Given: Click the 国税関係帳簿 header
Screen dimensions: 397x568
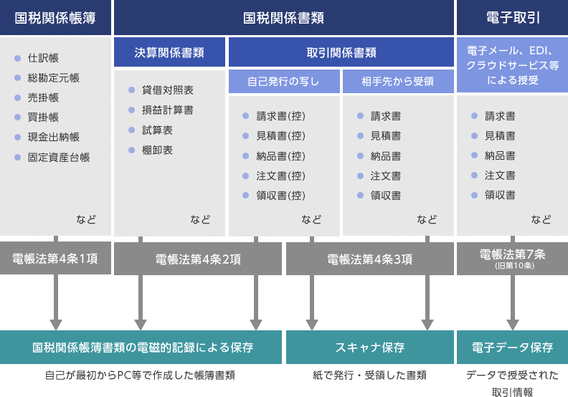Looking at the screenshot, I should click(x=55, y=17).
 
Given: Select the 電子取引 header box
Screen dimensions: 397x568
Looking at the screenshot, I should click(x=512, y=17).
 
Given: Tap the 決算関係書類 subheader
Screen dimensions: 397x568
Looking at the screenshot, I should click(x=169, y=52).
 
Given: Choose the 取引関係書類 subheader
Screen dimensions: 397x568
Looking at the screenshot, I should click(x=341, y=52).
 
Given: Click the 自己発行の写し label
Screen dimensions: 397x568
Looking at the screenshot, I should click(x=283, y=81).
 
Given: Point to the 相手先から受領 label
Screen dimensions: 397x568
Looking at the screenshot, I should click(x=398, y=81).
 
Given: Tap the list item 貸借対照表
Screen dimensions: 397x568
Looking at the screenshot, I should click(x=167, y=90).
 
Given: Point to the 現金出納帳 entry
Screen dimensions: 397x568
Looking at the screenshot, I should click(x=53, y=137).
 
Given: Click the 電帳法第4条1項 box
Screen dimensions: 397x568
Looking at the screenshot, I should click(x=55, y=258).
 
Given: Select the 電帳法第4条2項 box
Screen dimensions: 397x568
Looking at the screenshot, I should click(x=198, y=259).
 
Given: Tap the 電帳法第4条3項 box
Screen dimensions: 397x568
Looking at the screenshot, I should click(x=369, y=259).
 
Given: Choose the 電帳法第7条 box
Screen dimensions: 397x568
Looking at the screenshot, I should click(x=512, y=258).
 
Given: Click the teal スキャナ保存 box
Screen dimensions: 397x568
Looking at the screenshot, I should click(x=369, y=348).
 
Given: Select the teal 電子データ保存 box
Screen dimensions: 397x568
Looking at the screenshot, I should click(x=512, y=348).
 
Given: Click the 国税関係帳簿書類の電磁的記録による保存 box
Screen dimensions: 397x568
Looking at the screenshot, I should click(x=141, y=348).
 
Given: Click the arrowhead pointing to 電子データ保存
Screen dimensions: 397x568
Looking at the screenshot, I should click(x=512, y=324).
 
